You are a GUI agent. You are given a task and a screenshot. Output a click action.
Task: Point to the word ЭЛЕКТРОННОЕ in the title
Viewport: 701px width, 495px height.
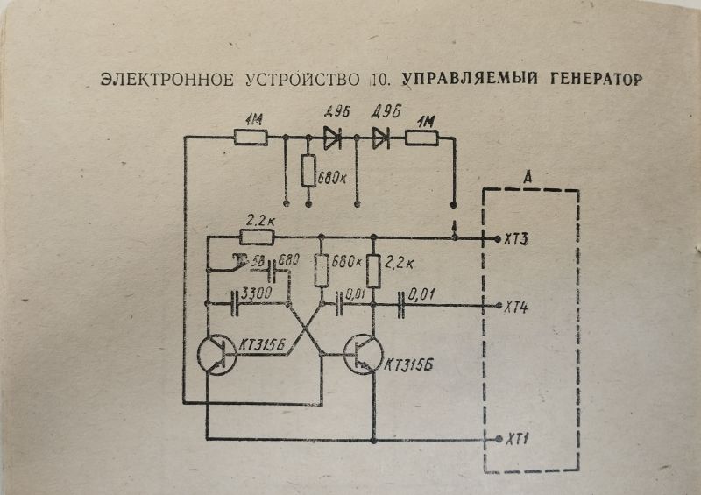tap(166, 81)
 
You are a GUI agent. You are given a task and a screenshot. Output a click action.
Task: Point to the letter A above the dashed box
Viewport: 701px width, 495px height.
tap(528, 178)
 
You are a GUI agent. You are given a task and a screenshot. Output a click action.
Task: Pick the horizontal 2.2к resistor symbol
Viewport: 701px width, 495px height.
tap(257, 237)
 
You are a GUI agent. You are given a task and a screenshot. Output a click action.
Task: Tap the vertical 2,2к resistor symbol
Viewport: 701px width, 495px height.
tap(373, 271)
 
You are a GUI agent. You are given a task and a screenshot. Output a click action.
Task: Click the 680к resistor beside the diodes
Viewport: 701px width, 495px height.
tap(308, 170)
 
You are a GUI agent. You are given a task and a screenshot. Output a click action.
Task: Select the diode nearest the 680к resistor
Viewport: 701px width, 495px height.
tap(333, 137)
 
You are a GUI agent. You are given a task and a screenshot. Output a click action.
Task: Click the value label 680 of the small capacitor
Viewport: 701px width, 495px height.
tap(288, 260)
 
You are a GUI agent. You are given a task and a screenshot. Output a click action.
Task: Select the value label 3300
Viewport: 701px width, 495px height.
tap(255, 291)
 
